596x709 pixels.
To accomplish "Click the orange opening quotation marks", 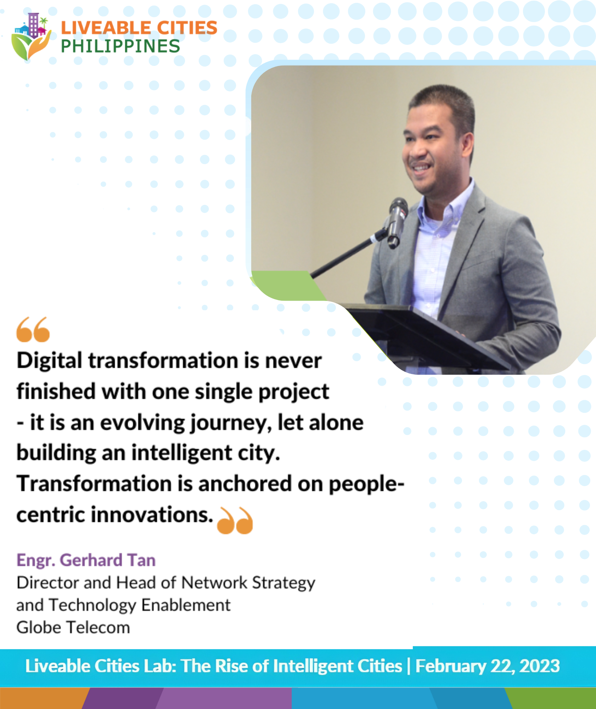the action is point(33,329).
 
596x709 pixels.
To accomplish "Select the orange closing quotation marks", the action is point(235,520).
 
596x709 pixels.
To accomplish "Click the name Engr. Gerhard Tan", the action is point(86,560).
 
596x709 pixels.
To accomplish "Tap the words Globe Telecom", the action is point(73,627).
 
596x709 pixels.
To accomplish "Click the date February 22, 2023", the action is point(488,666).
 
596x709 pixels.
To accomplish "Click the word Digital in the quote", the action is point(50,361).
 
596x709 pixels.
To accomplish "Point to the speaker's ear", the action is point(467,149).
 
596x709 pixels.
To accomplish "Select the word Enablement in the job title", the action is point(186,605).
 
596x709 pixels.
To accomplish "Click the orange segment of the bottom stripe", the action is point(43,698).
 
